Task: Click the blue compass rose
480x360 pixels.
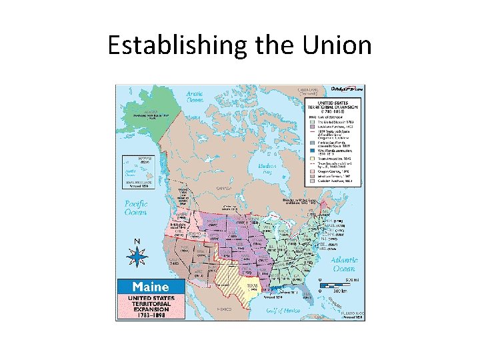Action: [137, 256]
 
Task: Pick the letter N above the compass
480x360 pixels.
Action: [137, 241]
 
